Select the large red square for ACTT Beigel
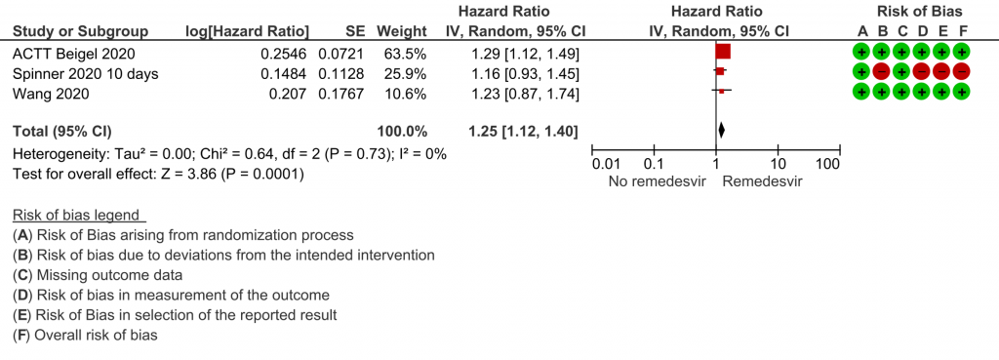[x=723, y=52]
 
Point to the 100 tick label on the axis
[x=827, y=164]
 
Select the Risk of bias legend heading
[x=76, y=215]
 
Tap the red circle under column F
[x=962, y=72]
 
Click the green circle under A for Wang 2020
[x=861, y=93]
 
